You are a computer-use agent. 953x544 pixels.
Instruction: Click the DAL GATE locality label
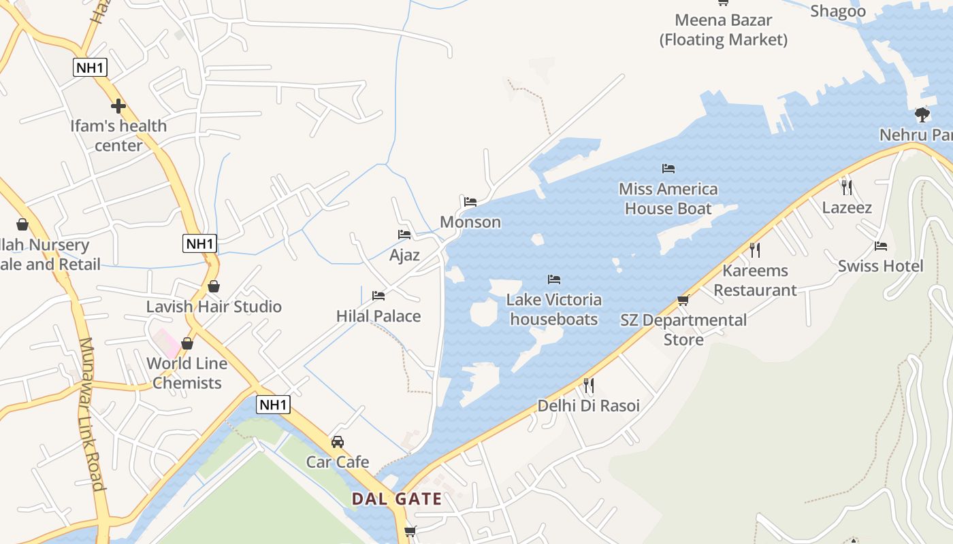tap(396, 499)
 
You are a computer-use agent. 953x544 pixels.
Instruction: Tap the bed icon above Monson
tap(470, 201)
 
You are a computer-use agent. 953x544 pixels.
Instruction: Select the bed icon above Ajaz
tap(404, 235)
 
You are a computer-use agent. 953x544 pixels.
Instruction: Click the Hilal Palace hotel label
tap(378, 316)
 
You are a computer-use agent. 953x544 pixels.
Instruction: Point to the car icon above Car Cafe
tap(337, 442)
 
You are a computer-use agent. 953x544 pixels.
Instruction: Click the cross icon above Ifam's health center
tap(118, 106)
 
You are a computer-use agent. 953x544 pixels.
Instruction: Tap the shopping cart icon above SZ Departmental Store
tap(683, 300)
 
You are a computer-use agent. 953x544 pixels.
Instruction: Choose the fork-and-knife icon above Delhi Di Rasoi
tap(589, 386)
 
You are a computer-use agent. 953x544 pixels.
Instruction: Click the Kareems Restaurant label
tap(755, 280)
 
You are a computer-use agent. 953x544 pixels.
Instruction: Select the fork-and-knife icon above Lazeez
tap(847, 187)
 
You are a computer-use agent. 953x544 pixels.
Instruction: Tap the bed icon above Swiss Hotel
tap(881, 245)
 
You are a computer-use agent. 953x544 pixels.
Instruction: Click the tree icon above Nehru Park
tap(922, 114)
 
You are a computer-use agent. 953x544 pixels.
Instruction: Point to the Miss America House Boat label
tap(668, 199)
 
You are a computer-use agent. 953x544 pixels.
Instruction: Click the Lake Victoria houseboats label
tap(554, 309)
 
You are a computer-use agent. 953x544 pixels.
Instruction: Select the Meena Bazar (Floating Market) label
tap(723, 30)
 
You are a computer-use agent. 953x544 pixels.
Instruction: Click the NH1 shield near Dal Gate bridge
tap(274, 405)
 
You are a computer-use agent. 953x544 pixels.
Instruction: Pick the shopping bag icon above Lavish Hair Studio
tap(214, 286)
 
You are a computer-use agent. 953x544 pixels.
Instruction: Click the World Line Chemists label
tap(187, 373)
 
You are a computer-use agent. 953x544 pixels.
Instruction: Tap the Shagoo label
tap(838, 11)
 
